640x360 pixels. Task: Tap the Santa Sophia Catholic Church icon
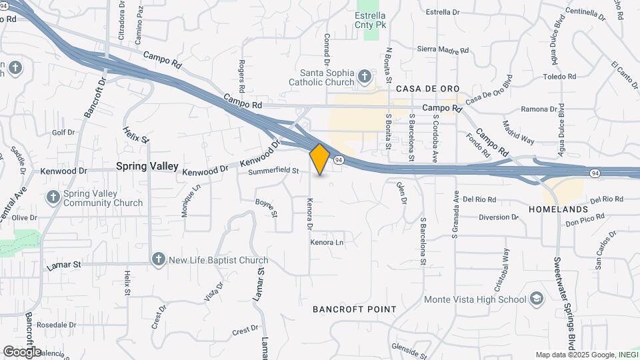pyautogui.click(x=364, y=77)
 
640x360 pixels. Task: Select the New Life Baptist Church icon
pyautogui.click(x=158, y=260)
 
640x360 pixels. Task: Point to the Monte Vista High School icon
pyautogui.click(x=537, y=299)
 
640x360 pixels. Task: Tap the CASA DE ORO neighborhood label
pyautogui.click(x=425, y=89)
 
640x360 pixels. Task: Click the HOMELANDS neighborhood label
pyautogui.click(x=557, y=209)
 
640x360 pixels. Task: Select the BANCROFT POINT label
pyautogui.click(x=355, y=309)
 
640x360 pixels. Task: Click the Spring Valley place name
pyautogui.click(x=147, y=166)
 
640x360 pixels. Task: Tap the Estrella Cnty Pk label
pyautogui.click(x=371, y=19)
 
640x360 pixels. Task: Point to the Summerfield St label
pyautogui.click(x=273, y=171)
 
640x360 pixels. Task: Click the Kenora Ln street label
pyautogui.click(x=327, y=242)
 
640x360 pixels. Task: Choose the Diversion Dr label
pyautogui.click(x=498, y=217)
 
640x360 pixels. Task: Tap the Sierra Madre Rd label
pyautogui.click(x=443, y=49)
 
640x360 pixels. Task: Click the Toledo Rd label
pyautogui.click(x=559, y=77)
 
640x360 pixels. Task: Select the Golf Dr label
pyautogui.click(x=63, y=133)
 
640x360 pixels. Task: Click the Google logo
pyautogui.click(x=22, y=351)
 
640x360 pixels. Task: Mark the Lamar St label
pyautogui.click(x=64, y=265)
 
